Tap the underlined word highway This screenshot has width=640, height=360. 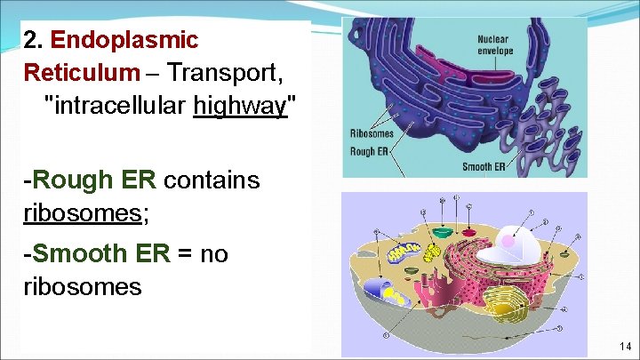tap(238, 107)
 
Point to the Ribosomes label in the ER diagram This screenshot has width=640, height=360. tap(372, 134)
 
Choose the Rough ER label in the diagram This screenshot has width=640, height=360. tap(369, 151)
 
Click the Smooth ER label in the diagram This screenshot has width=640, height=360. tap(484, 166)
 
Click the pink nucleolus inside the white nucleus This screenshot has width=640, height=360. tap(509, 239)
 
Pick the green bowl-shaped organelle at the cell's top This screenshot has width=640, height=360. tap(444, 234)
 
